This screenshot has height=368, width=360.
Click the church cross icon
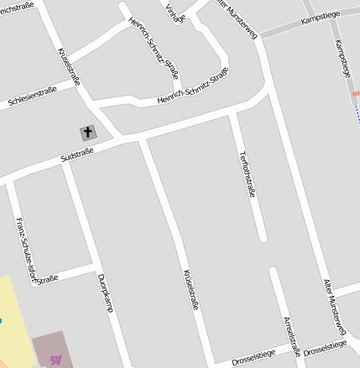point(87,132)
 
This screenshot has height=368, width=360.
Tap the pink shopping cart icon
point(55,360)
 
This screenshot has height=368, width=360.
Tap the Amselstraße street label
point(291,336)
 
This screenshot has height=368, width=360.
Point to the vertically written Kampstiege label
point(342,58)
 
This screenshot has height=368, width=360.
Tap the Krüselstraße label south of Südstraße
point(190,290)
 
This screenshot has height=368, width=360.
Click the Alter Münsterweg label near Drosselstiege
point(334,307)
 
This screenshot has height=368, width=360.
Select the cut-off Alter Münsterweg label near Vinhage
point(237,18)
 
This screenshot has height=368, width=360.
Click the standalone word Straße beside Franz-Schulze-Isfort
point(47,277)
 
